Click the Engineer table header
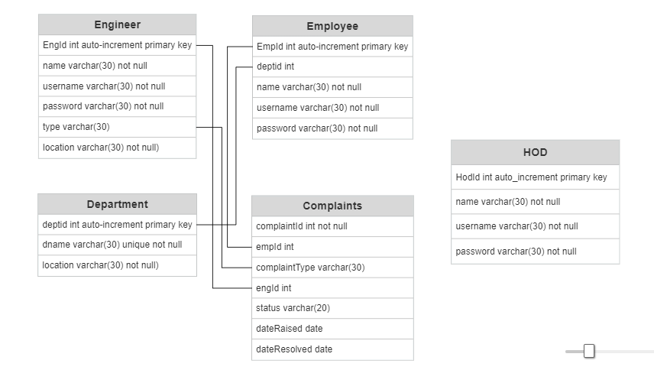(117, 24)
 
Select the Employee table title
(332, 26)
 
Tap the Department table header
(117, 204)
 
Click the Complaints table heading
(332, 206)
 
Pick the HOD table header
(535, 152)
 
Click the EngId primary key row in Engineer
(117, 45)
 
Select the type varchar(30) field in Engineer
(117, 127)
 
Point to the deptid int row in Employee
(332, 67)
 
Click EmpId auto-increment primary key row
(332, 47)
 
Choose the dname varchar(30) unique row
(117, 245)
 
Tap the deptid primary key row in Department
(117, 225)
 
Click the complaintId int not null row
(332, 226)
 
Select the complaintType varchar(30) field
(332, 268)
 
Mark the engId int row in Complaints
(332, 288)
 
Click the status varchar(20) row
(332, 308)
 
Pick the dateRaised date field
(332, 329)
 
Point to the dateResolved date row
(332, 349)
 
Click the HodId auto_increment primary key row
(535, 177)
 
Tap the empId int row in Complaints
(332, 247)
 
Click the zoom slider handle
(589, 351)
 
